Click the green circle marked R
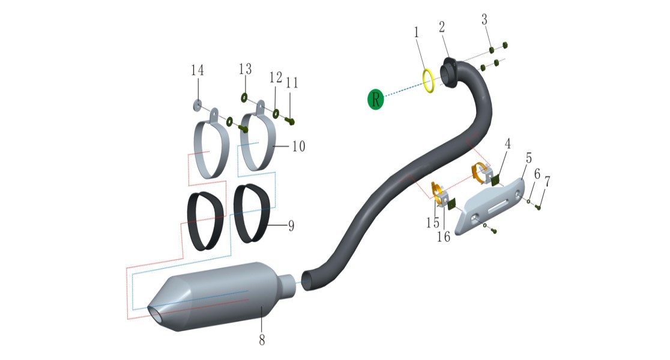click(x=376, y=100)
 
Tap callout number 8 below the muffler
click(x=262, y=340)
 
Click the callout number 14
click(x=198, y=70)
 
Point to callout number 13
click(x=246, y=69)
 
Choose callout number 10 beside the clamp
click(x=299, y=146)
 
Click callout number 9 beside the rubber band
click(x=291, y=226)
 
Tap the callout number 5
click(x=529, y=158)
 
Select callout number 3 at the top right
click(x=484, y=19)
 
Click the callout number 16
click(x=444, y=236)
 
